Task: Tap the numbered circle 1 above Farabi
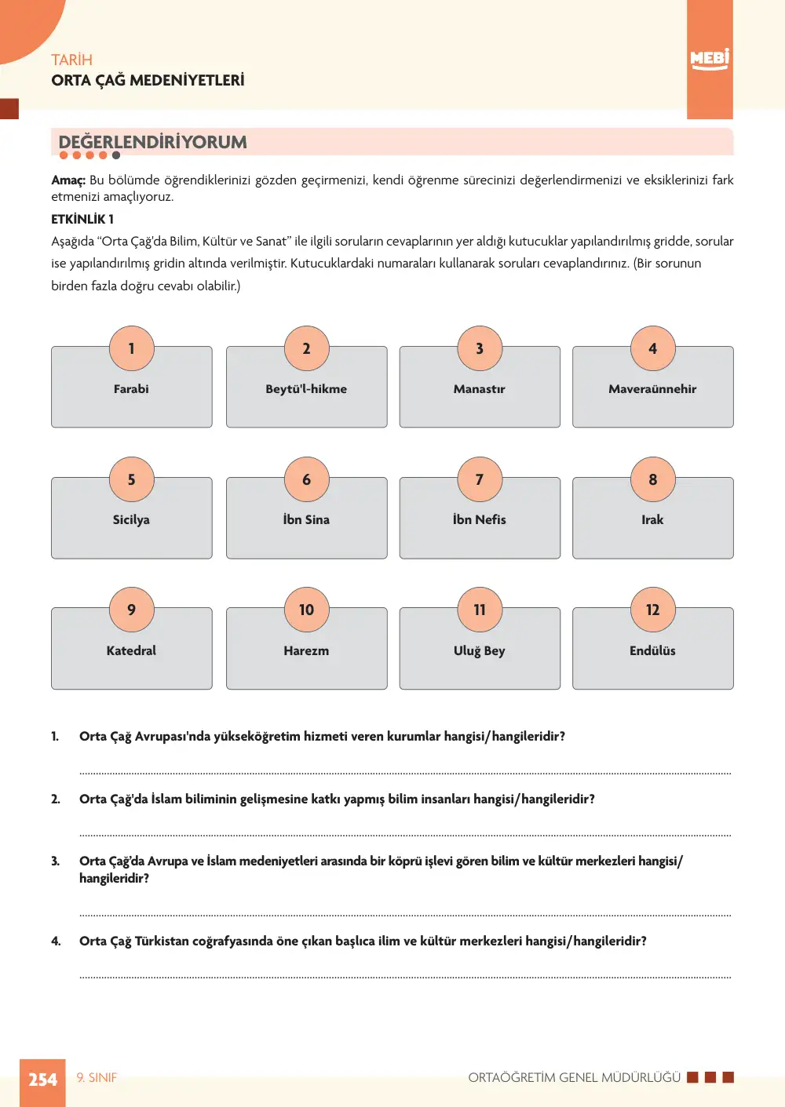pos(132,348)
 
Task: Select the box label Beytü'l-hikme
pos(306,389)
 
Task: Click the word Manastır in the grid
pos(479,389)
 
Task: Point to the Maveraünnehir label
pos(652,389)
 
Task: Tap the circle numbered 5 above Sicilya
pos(132,479)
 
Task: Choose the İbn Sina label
pos(306,519)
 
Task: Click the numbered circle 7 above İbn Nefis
pos(480,479)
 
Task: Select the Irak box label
pos(652,519)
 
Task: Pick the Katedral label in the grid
pos(131,650)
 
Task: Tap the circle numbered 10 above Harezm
pos(306,610)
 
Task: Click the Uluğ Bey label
pos(479,651)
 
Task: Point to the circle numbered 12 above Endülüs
pos(652,610)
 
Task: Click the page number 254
pos(42,1080)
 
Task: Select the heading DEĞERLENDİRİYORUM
pos(153,142)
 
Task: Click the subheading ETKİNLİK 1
pos(82,219)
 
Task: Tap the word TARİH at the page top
pos(72,60)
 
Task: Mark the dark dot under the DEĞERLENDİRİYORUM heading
pos(116,155)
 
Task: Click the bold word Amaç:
pos(68,180)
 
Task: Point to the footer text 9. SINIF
pos(97,1078)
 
